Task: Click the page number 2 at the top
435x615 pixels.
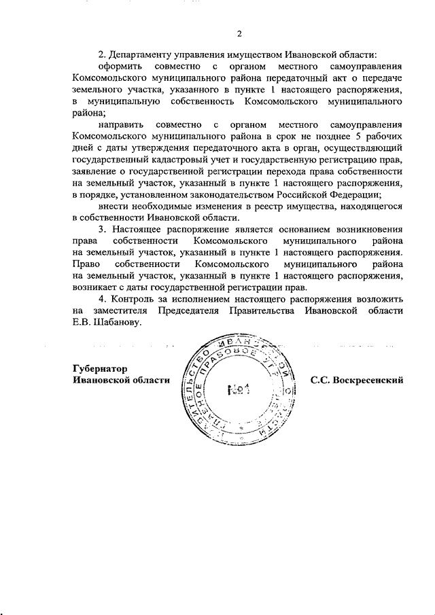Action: point(239,35)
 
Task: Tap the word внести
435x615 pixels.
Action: point(113,206)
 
